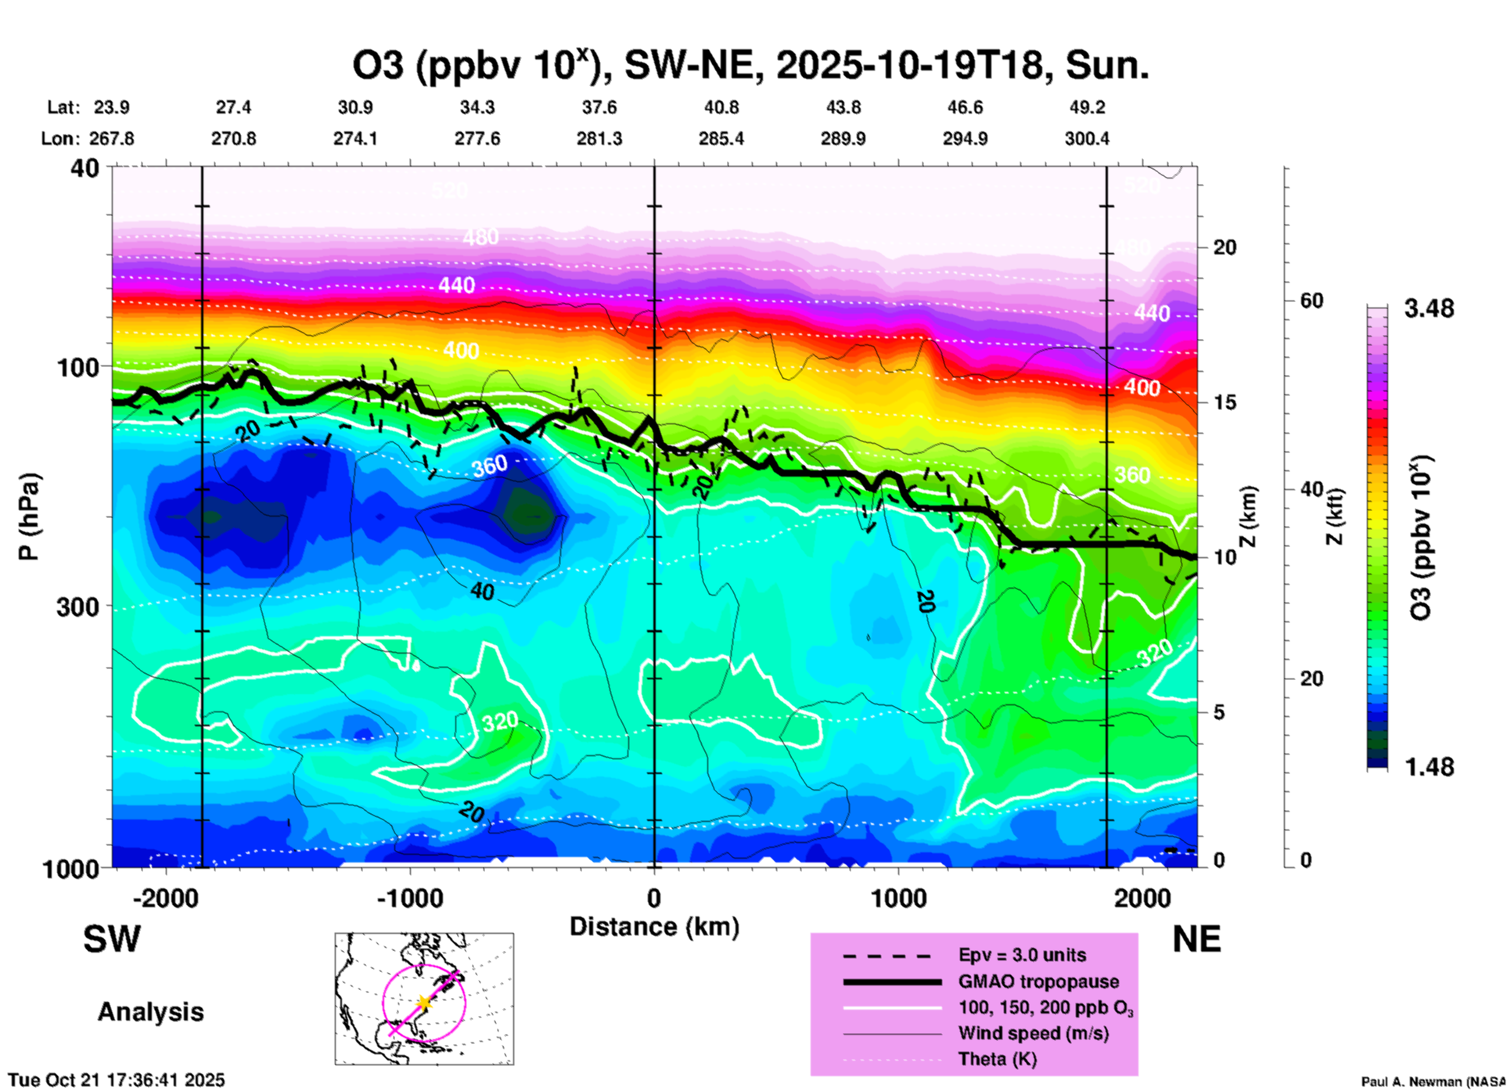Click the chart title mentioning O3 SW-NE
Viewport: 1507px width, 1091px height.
pyautogui.click(x=750, y=66)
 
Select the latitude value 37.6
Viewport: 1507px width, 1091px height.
pyautogui.click(x=599, y=107)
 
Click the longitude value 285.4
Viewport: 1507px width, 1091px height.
pyautogui.click(x=721, y=139)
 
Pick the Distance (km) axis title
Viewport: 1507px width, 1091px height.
pyautogui.click(x=654, y=927)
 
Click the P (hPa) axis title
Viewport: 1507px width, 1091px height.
pyautogui.click(x=28, y=517)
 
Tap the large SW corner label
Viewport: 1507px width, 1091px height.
pyautogui.click(x=112, y=939)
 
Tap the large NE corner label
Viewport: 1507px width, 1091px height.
pyautogui.click(x=1196, y=939)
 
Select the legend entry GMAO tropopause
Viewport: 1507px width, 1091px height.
pyautogui.click(x=1038, y=981)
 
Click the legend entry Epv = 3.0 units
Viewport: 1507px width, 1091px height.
pyautogui.click(x=1022, y=955)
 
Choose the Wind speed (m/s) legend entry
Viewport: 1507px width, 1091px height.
pyautogui.click(x=1034, y=1033)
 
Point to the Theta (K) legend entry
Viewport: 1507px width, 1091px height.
pyautogui.click(x=997, y=1059)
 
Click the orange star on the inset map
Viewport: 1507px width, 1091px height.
pyautogui.click(x=423, y=1003)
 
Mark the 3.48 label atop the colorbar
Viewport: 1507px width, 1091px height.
pyautogui.click(x=1429, y=309)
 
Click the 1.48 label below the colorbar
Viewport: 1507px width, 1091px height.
pyautogui.click(x=1429, y=767)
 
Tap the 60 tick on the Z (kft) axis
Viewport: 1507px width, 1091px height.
pyautogui.click(x=1311, y=301)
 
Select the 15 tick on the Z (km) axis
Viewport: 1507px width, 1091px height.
pyautogui.click(x=1225, y=402)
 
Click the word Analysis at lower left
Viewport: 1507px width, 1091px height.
pyautogui.click(x=150, y=1012)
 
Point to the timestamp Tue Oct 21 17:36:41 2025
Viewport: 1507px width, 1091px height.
pyautogui.click(x=117, y=1080)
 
